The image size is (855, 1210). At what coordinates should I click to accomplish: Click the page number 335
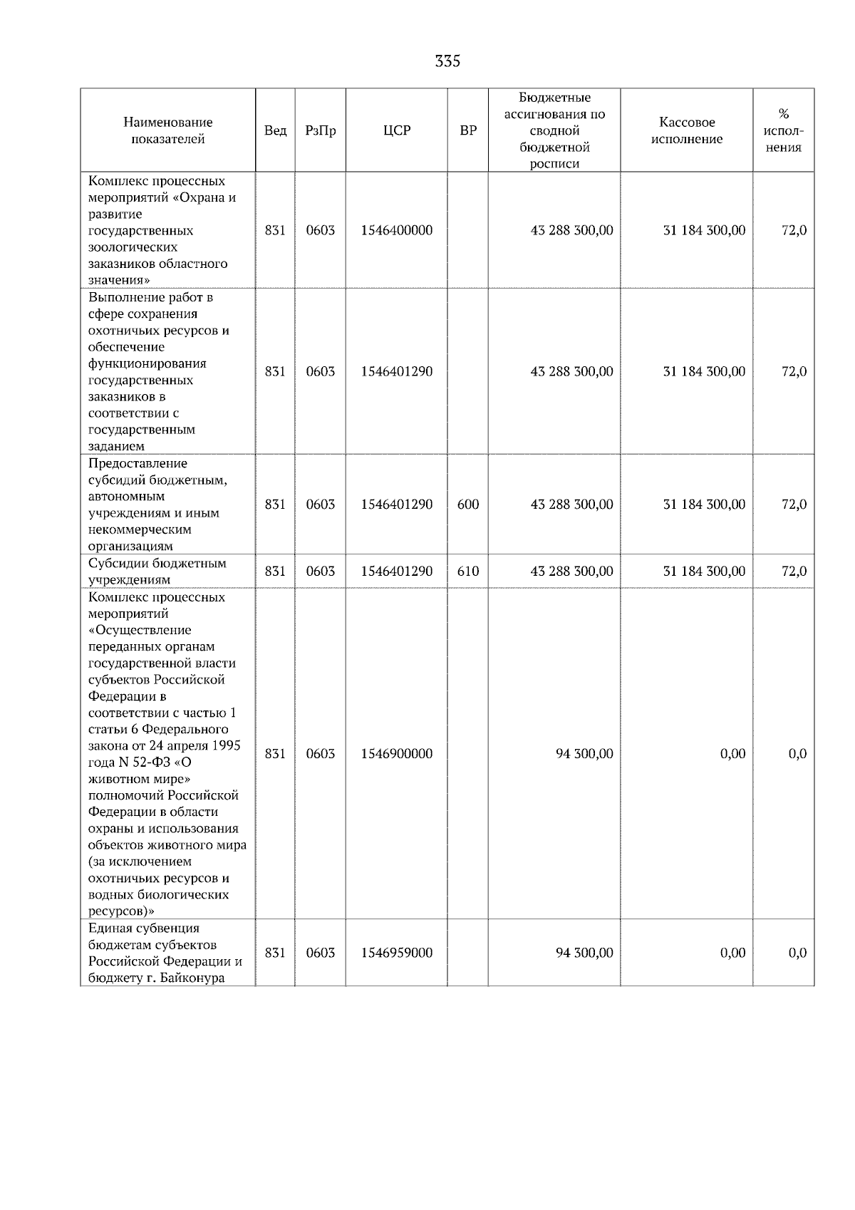coord(447,61)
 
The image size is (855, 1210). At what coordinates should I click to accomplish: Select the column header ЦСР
coord(397,130)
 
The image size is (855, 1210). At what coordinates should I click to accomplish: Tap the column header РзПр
coord(320,130)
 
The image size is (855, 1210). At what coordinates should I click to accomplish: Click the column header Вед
coord(275,130)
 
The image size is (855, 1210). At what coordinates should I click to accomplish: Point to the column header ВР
coord(467,130)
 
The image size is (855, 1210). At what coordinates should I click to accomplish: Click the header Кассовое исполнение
coord(686,130)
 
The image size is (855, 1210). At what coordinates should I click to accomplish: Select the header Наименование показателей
coord(167,130)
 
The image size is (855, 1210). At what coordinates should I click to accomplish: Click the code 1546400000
coord(397,230)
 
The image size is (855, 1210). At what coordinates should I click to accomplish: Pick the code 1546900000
coord(397,754)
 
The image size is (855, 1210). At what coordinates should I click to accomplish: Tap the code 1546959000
coord(397,953)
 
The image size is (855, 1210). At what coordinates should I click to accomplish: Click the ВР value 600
coord(467,505)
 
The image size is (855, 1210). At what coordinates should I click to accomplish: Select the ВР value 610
coord(467,572)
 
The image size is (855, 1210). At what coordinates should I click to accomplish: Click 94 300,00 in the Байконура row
coord(584,953)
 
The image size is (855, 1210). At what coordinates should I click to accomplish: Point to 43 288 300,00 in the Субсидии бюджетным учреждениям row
coord(571,572)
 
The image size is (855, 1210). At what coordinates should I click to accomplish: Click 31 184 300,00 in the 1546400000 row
coord(704,230)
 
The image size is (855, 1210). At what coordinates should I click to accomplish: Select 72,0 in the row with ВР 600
coord(794,505)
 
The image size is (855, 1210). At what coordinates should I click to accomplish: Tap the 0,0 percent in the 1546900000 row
coord(797,754)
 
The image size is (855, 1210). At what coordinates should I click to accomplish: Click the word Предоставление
coord(138,463)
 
